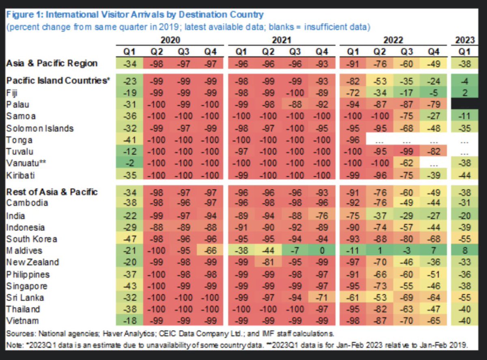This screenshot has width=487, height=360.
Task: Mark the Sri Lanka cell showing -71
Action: pos(321,297)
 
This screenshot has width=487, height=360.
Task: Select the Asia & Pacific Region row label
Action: pos(52,63)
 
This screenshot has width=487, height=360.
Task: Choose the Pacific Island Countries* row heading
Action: pos(58,80)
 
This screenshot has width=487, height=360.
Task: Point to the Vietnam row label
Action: pos(22,321)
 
